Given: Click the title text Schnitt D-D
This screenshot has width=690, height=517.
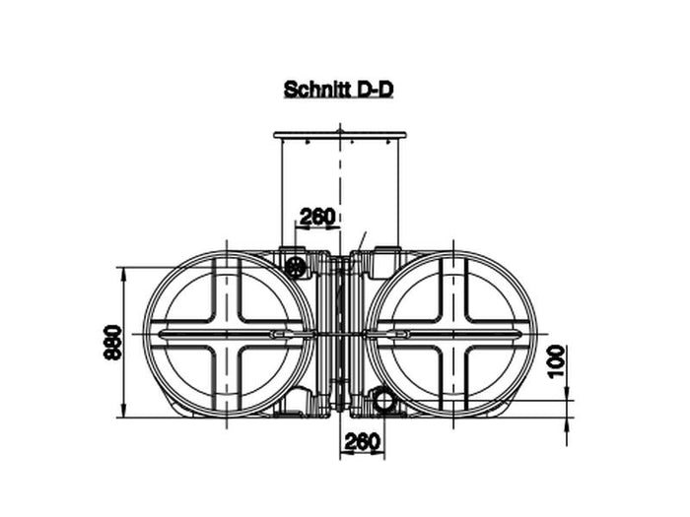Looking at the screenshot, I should (x=339, y=90).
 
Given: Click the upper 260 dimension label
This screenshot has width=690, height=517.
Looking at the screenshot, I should (x=317, y=216).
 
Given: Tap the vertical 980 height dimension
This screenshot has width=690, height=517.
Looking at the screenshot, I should (x=111, y=343).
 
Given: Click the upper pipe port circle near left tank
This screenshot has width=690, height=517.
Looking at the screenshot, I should (x=294, y=267).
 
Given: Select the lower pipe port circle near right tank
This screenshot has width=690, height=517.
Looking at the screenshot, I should (x=382, y=399).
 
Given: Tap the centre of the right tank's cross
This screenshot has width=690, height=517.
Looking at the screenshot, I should (x=450, y=336).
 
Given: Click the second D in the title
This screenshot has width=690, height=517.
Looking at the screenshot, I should (x=387, y=90).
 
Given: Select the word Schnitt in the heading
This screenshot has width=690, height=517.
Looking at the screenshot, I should (x=312, y=90).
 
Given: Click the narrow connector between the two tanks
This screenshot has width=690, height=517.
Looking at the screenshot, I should (x=339, y=336).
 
